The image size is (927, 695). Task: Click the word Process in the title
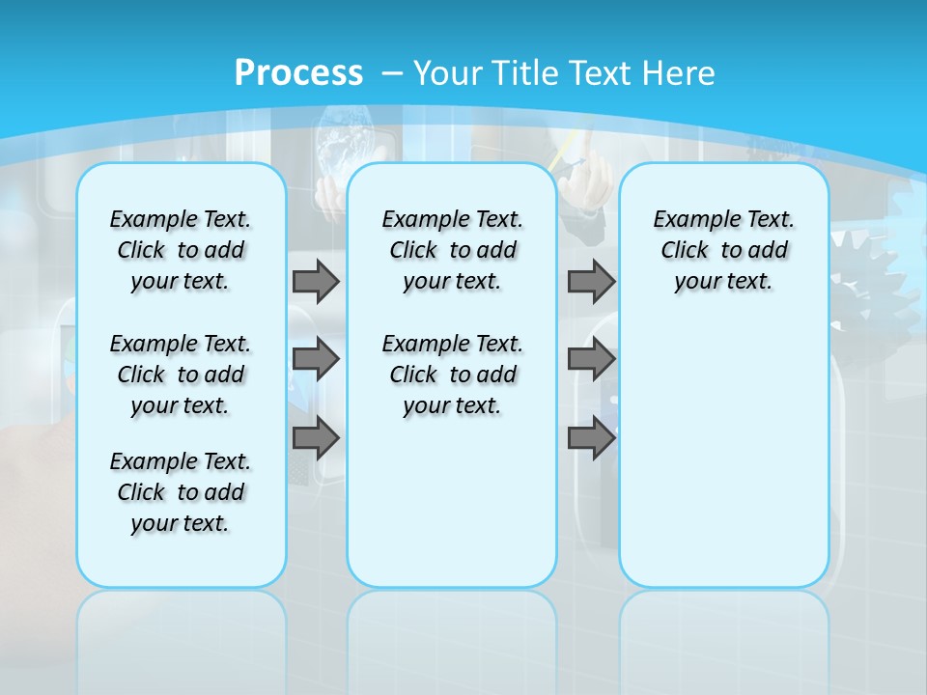pos(298,73)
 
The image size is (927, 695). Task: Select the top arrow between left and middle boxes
pos(316,282)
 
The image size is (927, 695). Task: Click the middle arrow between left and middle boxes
pos(316,359)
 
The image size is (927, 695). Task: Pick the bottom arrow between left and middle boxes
pos(316,439)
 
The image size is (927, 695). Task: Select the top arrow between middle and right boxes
pos(591,282)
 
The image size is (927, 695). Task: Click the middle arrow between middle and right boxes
pos(591,359)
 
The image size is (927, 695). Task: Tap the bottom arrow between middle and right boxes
pos(591,439)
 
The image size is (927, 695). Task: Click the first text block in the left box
pos(181,250)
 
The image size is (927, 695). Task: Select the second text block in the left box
pos(181,375)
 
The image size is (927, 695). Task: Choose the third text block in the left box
pos(181,492)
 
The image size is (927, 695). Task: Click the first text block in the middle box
pos(453,250)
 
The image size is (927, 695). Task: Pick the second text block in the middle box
pos(453,375)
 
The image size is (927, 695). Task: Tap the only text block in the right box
pos(724,250)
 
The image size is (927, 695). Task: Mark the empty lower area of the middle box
pos(452,502)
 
